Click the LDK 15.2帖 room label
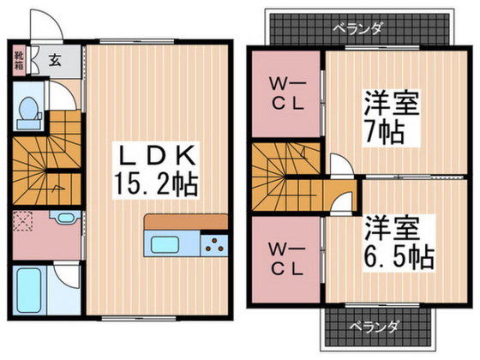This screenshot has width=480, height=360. (x=155, y=171)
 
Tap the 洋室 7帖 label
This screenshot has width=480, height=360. (x=391, y=117)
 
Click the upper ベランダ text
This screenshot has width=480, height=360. (x=357, y=29)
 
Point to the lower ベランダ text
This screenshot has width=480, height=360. (x=375, y=327)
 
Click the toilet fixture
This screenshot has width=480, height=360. (x=28, y=113)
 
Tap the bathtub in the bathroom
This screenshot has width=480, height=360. (x=29, y=290)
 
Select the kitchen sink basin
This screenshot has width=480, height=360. (x=165, y=244)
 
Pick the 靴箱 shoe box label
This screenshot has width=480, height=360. (x=19, y=60)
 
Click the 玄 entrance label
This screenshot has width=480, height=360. (x=55, y=60)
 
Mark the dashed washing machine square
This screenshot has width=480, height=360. (x=23, y=221)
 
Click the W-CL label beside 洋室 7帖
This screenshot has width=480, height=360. (x=287, y=95)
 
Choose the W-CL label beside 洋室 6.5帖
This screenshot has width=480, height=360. (x=287, y=259)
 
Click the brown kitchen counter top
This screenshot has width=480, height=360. (x=186, y=222)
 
